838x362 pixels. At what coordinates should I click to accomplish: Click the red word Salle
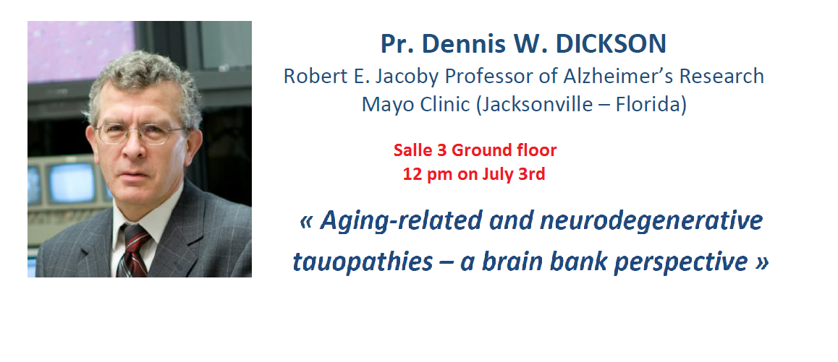412,150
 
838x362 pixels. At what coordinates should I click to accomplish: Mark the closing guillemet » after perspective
761,262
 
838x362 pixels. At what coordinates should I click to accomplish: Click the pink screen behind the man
72,47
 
